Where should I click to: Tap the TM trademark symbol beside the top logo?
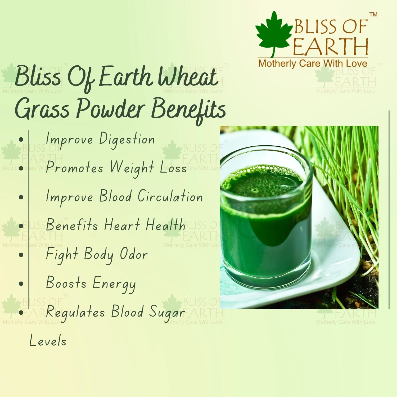373,14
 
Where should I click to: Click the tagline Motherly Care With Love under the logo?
313,64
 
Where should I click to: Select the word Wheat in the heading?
188,77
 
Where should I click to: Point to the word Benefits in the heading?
188,110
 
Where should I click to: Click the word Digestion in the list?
127,139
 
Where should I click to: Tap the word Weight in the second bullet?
132,168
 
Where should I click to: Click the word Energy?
114,284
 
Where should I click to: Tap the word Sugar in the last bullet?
167,313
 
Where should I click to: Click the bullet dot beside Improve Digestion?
21,139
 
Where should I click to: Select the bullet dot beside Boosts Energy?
21,284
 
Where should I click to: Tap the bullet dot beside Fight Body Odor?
21,255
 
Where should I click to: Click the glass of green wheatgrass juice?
266,217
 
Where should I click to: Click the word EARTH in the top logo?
331,47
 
